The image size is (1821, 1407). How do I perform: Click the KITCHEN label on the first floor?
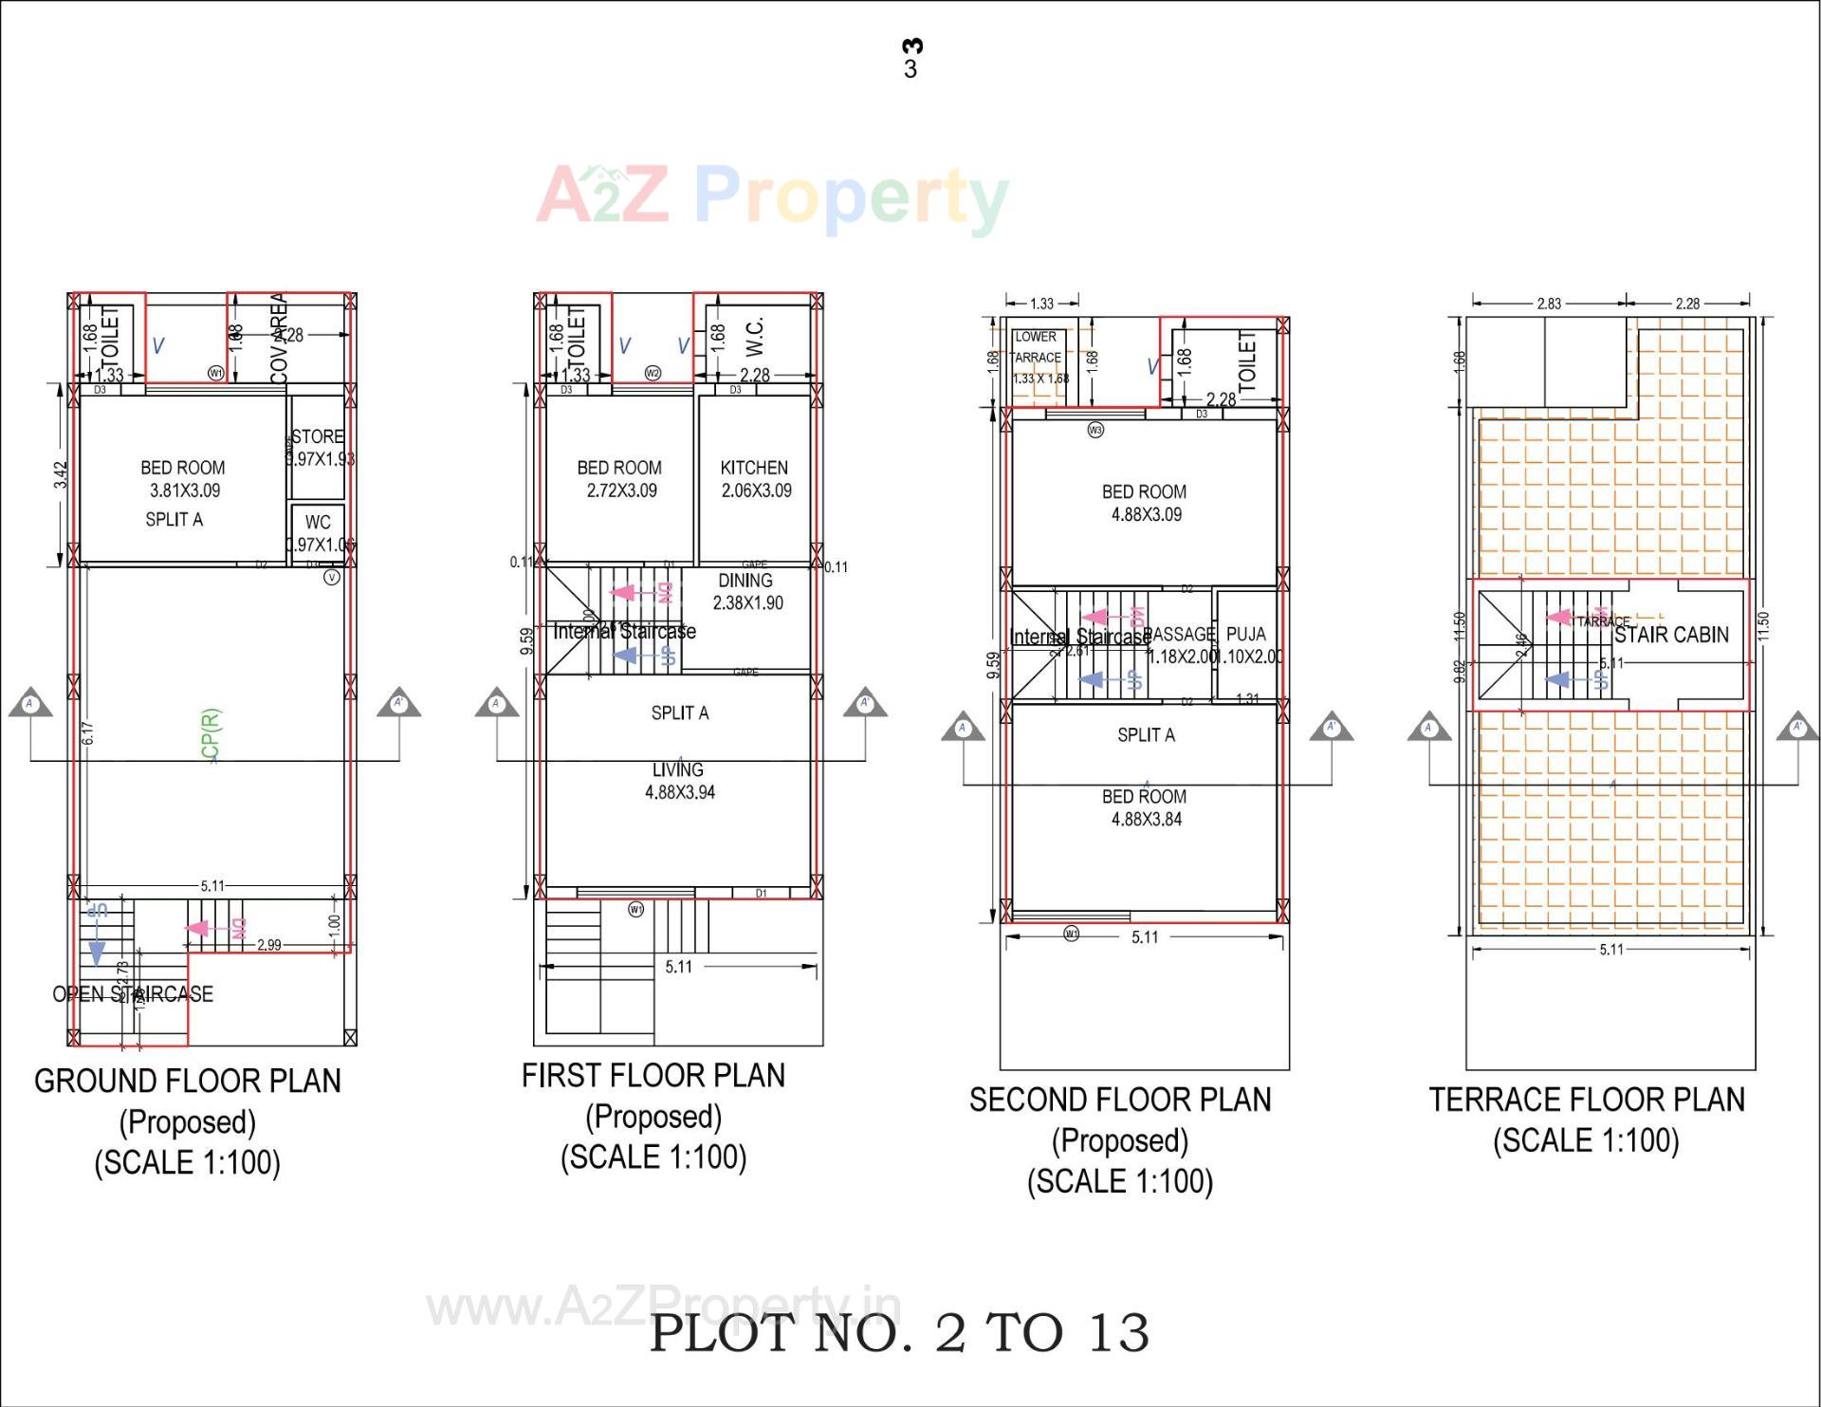click(x=754, y=468)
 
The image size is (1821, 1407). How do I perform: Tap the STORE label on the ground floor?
click(x=318, y=436)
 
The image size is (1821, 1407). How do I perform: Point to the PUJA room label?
click(x=1246, y=635)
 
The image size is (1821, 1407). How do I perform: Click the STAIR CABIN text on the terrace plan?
click(x=1671, y=635)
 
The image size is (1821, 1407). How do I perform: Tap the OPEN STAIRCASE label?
click(x=133, y=994)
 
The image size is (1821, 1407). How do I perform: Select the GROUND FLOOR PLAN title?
click(x=188, y=1081)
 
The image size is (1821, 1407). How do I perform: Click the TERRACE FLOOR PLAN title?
click(x=1587, y=1100)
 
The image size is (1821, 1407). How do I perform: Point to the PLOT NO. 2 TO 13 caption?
click(x=899, y=1333)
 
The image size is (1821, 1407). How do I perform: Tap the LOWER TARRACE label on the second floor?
click(x=1036, y=347)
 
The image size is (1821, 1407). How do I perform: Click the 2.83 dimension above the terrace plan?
click(x=1549, y=304)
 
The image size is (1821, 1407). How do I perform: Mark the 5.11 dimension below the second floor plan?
click(x=1145, y=937)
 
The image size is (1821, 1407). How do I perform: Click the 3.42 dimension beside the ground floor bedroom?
click(x=61, y=475)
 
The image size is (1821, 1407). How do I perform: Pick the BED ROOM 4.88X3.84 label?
click(x=1145, y=807)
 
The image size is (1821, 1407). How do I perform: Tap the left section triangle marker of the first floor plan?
click(x=496, y=703)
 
